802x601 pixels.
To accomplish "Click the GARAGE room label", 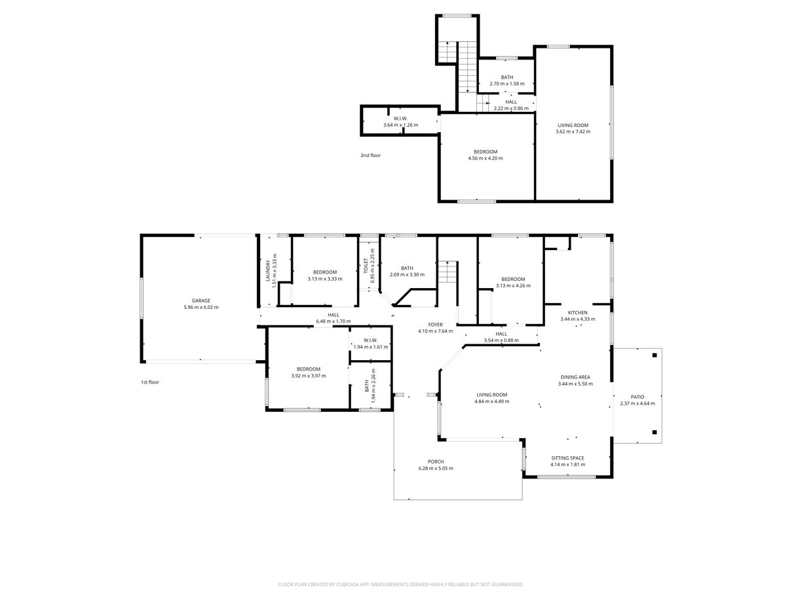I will [201, 300].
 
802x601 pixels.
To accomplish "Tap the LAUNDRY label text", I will [267, 271].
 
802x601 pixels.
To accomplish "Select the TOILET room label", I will [366, 265].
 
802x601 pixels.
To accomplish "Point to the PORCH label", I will [436, 462].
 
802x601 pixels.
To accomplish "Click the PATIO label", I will [638, 397].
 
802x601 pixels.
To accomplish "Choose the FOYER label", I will [435, 324].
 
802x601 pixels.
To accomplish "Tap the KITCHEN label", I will [577, 312].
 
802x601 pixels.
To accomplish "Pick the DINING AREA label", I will [575, 377].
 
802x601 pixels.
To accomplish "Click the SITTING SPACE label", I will [567, 458].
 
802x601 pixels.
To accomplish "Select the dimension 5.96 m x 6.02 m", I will [201, 307].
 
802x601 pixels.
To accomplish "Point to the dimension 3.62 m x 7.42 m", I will [573, 132].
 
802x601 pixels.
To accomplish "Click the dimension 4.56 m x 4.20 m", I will [486, 158].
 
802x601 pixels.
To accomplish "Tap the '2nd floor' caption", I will [370, 155].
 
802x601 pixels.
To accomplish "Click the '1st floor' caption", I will [150, 382].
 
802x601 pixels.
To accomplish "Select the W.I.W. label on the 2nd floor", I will [400, 118].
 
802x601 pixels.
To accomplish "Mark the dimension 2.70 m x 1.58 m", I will [507, 84].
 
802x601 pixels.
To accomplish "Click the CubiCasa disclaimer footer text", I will [400, 584].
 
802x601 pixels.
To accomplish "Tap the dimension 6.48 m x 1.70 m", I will [334, 321].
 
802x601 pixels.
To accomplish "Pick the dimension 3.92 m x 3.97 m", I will [309, 376].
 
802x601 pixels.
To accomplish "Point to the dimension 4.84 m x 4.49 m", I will [491, 401].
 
